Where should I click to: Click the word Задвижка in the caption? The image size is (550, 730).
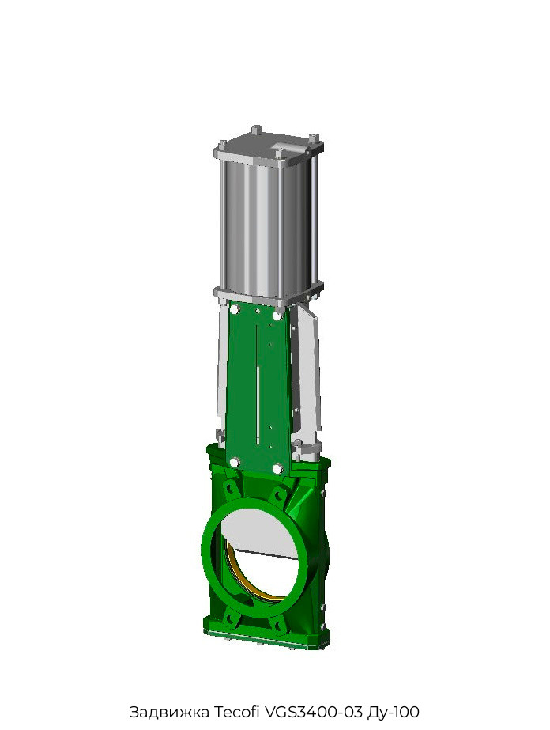click(169, 712)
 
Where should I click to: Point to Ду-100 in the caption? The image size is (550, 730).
click(394, 712)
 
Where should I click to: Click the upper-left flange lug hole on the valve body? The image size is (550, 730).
click(229, 488)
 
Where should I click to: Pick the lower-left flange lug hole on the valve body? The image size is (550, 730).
click(229, 618)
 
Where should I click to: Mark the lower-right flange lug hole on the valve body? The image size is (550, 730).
click(279, 626)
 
